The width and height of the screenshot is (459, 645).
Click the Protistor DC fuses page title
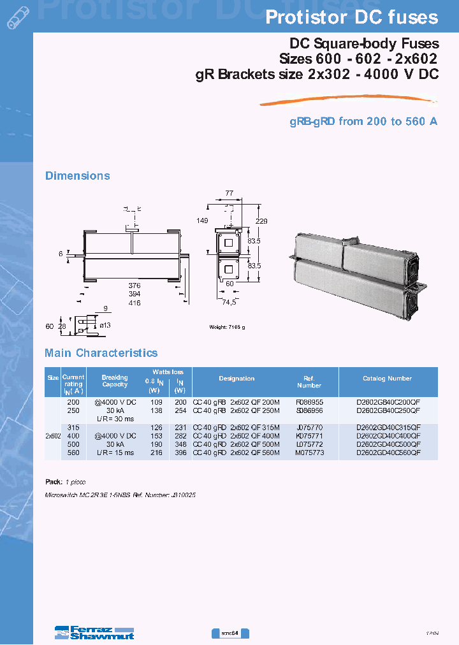point(351,17)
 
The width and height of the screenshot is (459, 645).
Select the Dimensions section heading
point(77,176)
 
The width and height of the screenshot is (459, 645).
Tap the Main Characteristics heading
point(101,353)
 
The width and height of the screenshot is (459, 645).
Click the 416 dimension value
point(133,303)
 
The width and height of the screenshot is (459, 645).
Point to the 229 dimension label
point(261,221)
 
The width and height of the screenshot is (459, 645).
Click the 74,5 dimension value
point(229,303)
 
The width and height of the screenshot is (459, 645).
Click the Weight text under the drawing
point(227,327)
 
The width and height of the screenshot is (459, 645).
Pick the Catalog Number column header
point(387,379)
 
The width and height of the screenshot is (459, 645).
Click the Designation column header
point(237,379)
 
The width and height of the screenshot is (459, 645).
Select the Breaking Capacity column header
point(115,381)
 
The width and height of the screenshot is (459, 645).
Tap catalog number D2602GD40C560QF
point(388,453)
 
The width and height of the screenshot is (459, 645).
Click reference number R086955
point(309,403)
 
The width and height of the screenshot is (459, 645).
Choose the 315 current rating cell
point(73,428)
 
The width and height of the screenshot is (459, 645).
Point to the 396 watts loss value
point(180,453)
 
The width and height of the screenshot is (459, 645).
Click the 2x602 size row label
point(53,436)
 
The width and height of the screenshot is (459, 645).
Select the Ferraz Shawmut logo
point(94,632)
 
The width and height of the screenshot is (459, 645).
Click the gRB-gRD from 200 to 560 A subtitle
point(363,121)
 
